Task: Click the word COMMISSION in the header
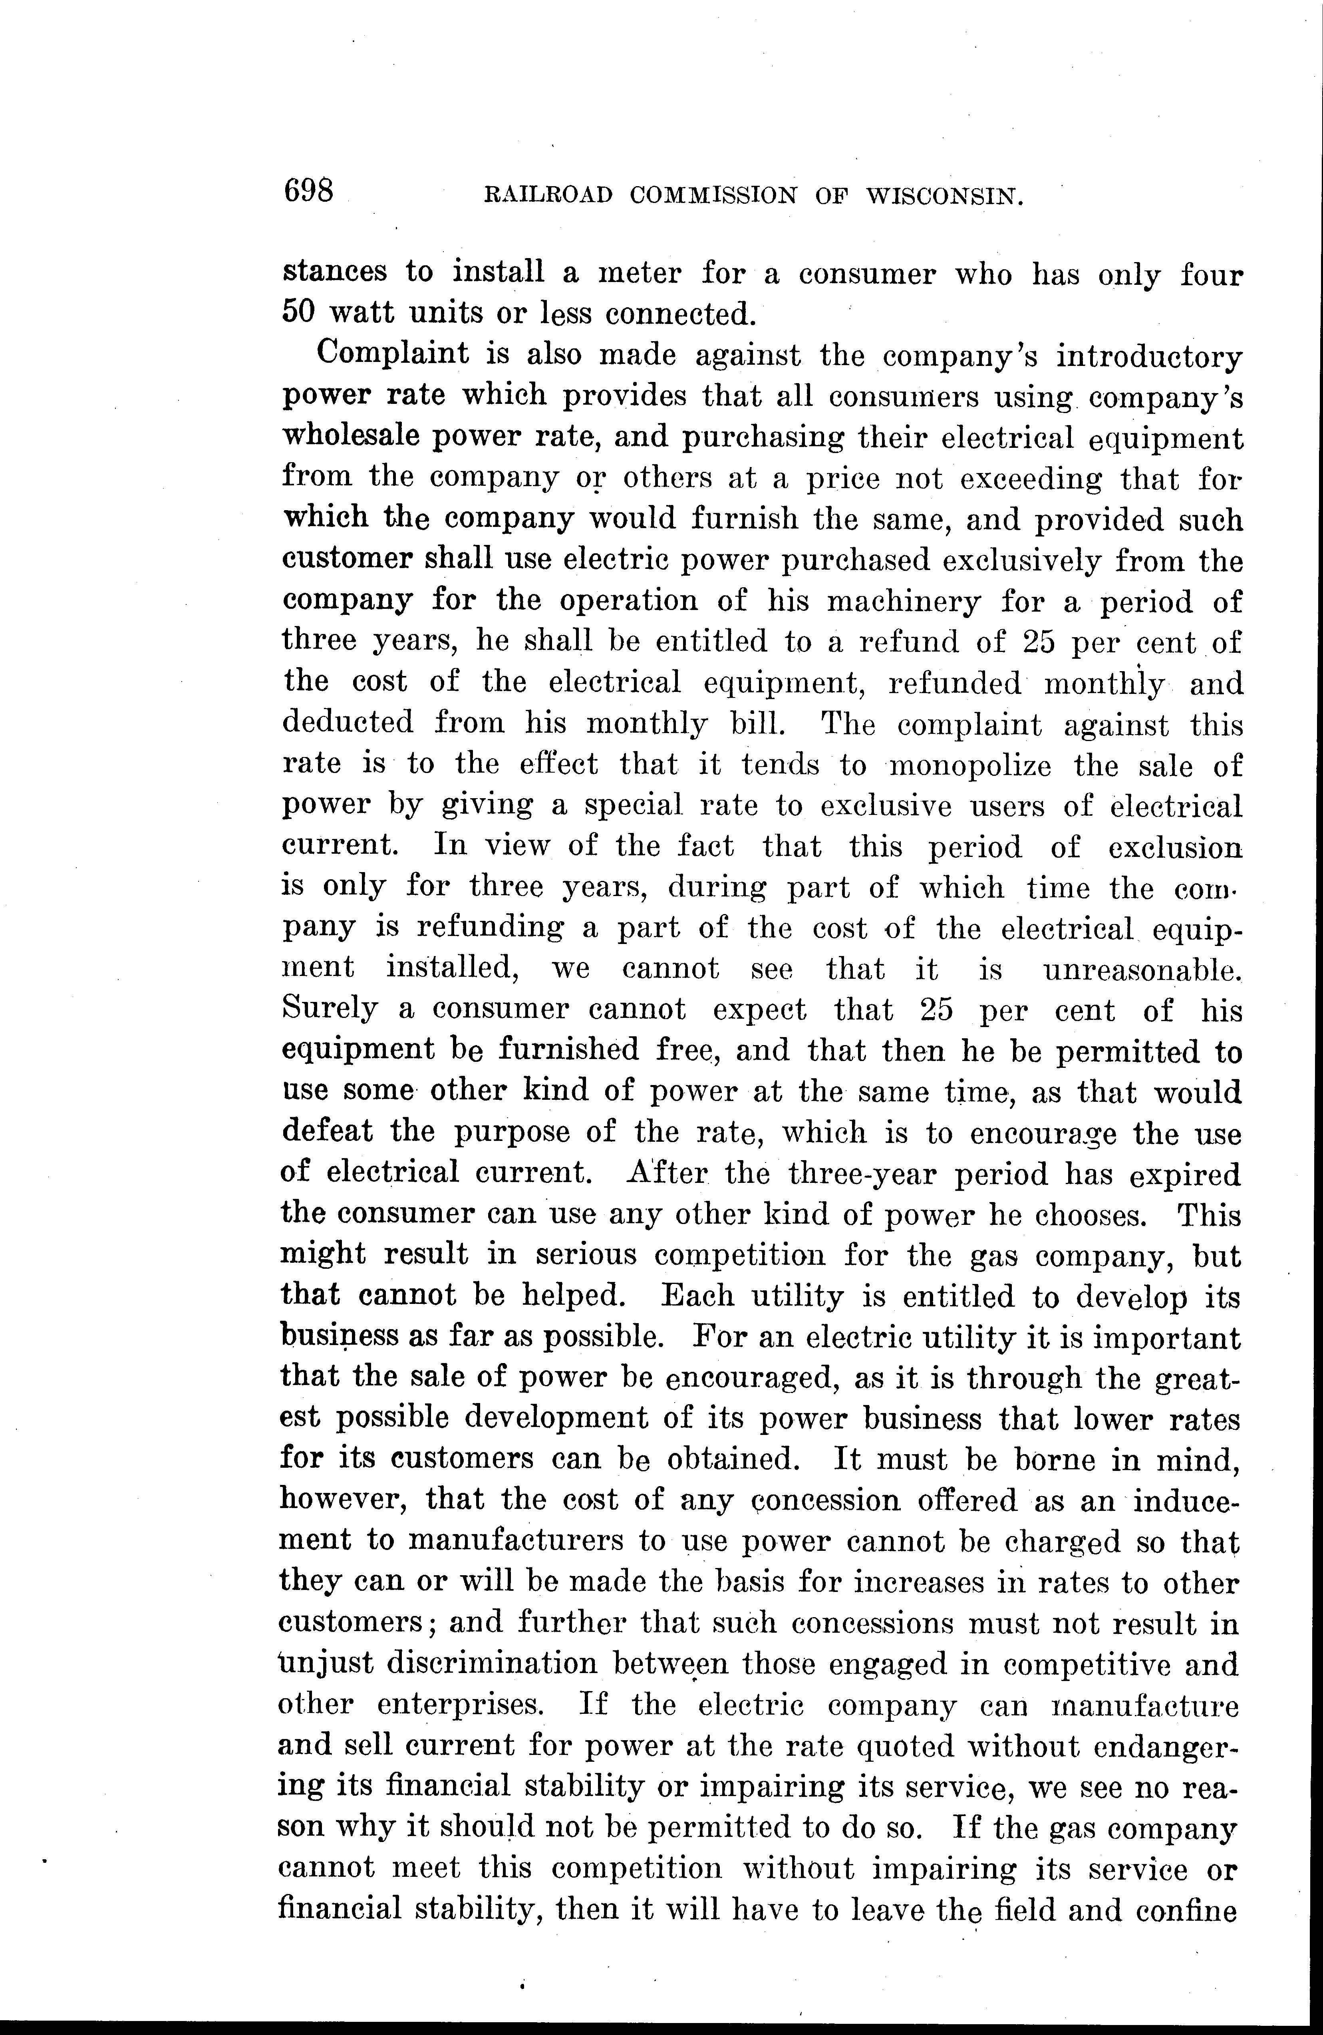coord(712,197)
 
